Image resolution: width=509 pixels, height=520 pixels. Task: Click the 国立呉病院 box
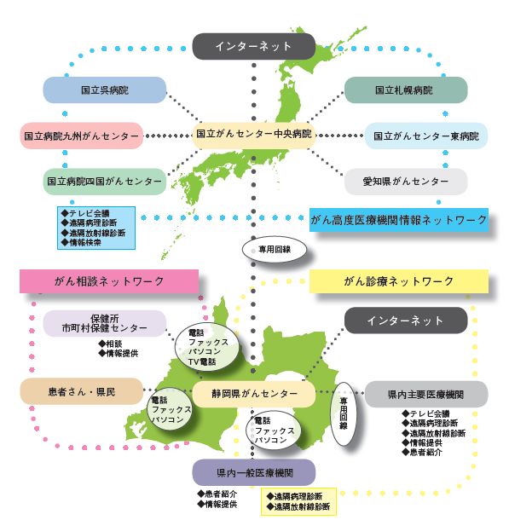pos(105,90)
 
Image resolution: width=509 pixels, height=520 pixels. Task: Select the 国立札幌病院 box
pos(406,90)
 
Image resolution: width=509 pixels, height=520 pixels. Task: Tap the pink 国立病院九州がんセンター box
pos(82,136)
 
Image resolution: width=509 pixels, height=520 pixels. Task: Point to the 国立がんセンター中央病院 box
pos(254,135)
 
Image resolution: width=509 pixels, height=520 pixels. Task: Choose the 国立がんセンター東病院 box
pos(426,136)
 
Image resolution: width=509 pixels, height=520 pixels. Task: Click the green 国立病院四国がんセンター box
pos(105,182)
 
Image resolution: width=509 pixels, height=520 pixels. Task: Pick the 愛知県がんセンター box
pos(406,182)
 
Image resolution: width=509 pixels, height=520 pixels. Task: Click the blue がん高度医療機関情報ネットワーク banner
pos(399,220)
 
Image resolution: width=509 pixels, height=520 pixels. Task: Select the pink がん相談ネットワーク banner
pos(109,281)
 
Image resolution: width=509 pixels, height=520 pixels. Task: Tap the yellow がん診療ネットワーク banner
pos(399,281)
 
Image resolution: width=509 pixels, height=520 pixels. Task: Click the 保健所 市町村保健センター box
pos(105,323)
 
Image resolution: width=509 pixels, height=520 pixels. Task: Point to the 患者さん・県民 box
pos(82,391)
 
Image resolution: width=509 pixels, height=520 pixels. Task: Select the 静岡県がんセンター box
pos(254,394)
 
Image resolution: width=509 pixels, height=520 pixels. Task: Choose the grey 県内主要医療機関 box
pos(426,394)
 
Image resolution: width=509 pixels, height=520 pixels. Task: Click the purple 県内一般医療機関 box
pos(254,472)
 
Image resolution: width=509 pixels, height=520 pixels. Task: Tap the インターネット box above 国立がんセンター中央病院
pos(254,46)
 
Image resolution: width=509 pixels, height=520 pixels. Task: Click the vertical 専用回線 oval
pos(344,413)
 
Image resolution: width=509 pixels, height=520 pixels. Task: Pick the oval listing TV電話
pos(206,347)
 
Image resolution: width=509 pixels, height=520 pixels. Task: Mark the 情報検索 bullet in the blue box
pos(81,242)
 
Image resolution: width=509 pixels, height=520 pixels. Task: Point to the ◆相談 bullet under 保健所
pos(110,344)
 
